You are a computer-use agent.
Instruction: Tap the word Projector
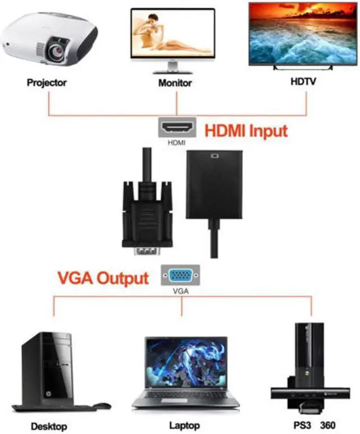pyautogui.click(x=47, y=83)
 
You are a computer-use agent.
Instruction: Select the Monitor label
pyautogui.click(x=174, y=83)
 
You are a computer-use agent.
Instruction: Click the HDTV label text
pyautogui.click(x=303, y=82)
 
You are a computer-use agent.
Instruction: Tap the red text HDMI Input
pyautogui.click(x=246, y=131)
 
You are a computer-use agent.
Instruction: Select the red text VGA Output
pyautogui.click(x=103, y=278)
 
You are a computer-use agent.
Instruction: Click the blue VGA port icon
pyautogui.click(x=180, y=276)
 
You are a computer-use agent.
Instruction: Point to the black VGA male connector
pyautogui.click(x=147, y=219)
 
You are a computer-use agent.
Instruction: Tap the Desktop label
pyautogui.click(x=49, y=426)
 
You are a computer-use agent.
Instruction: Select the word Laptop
pyautogui.click(x=184, y=426)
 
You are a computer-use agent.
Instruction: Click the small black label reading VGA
pyautogui.click(x=179, y=292)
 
